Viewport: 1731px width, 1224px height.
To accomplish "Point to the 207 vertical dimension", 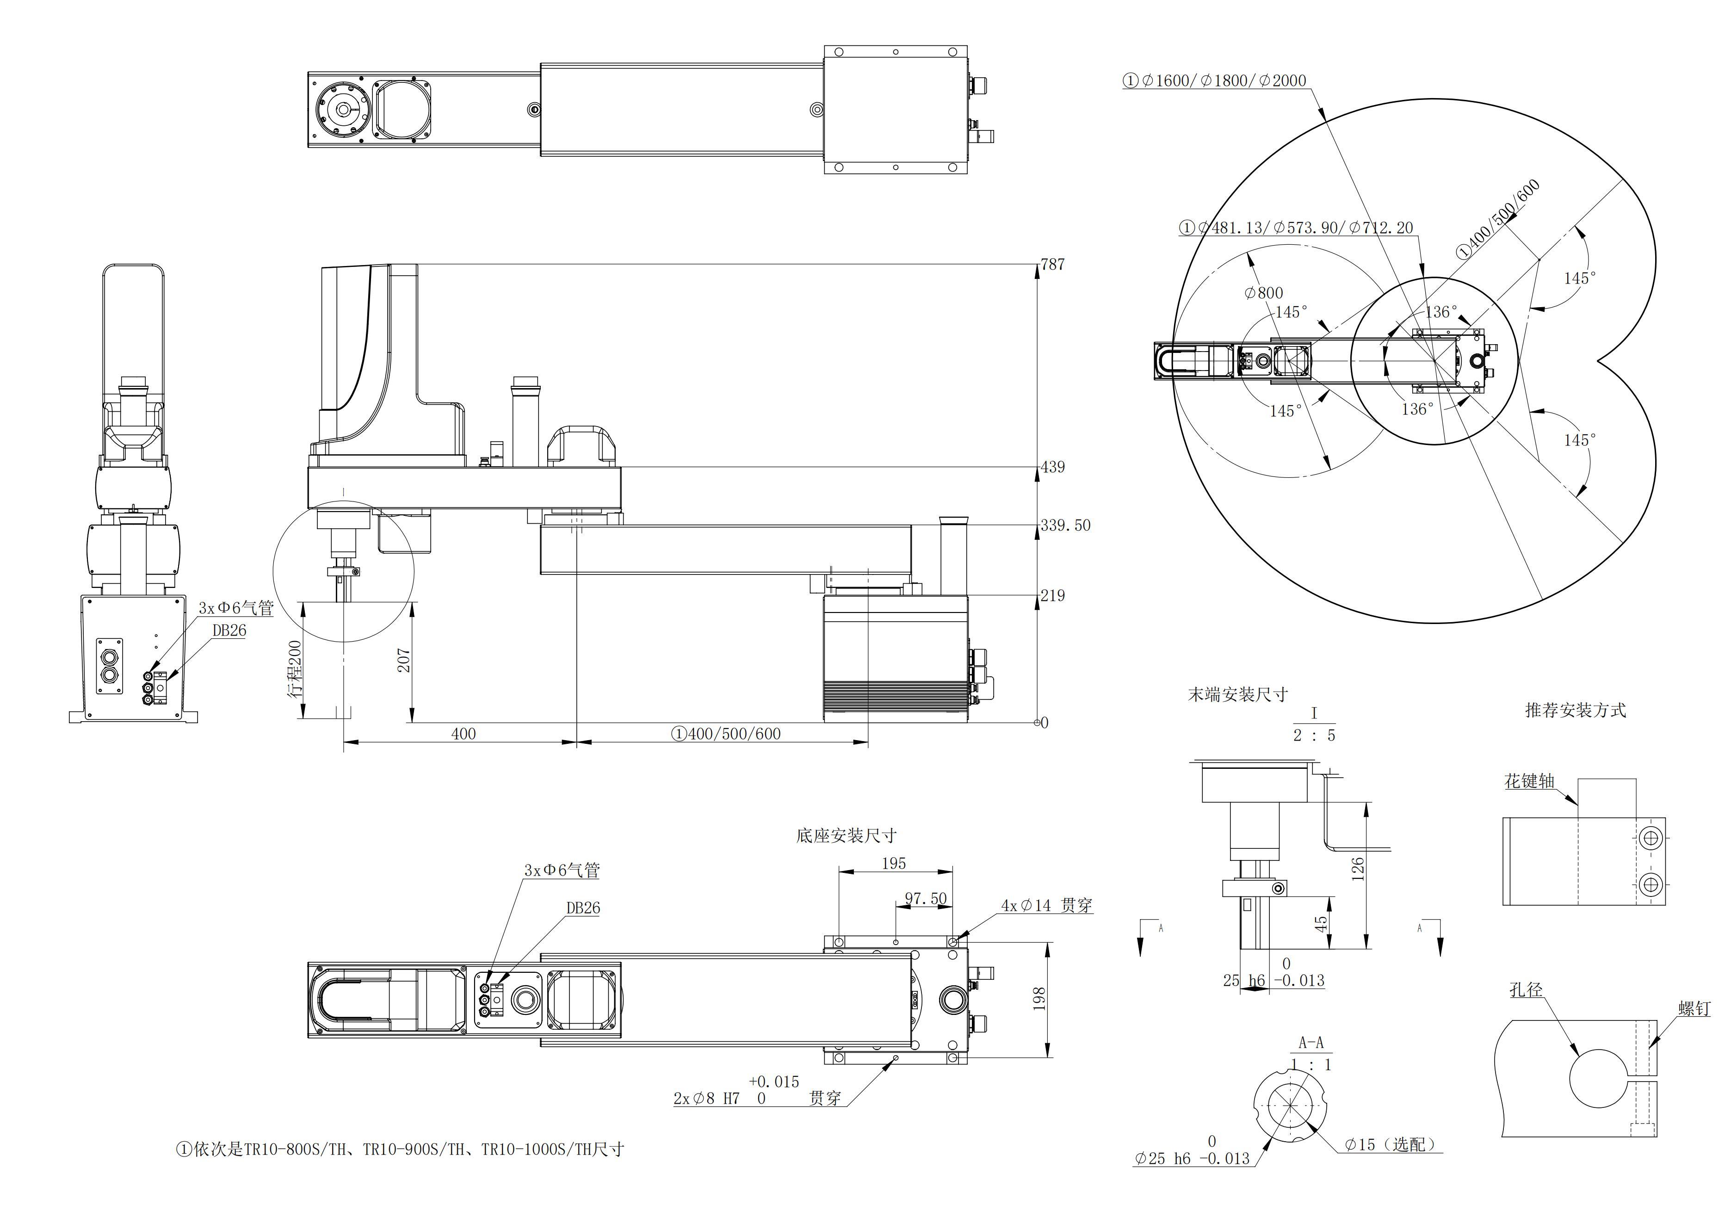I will (x=404, y=660).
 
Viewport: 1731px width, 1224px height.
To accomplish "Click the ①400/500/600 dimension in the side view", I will (x=726, y=733).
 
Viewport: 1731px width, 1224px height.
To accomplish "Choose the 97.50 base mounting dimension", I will (x=925, y=898).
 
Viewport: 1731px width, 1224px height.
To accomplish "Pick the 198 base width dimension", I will (x=1039, y=999).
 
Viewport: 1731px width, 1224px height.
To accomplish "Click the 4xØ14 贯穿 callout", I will (x=1046, y=905).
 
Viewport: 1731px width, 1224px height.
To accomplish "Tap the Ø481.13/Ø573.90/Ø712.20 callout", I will (x=1296, y=228).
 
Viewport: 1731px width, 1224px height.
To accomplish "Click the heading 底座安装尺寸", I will (x=846, y=835).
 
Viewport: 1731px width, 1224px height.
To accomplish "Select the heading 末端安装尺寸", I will (x=1238, y=695).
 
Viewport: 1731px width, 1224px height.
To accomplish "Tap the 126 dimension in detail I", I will (x=1357, y=869).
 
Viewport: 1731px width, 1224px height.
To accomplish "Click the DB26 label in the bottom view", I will (x=583, y=908).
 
